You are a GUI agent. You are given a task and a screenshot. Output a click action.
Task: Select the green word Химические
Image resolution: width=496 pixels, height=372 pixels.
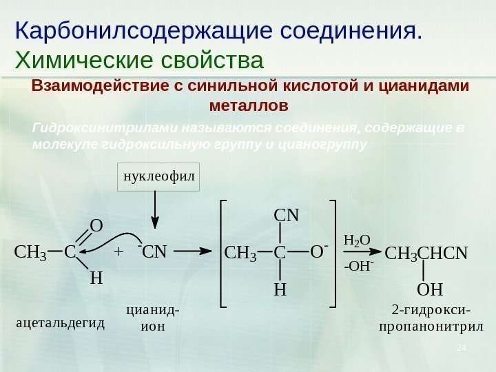[x=83, y=60]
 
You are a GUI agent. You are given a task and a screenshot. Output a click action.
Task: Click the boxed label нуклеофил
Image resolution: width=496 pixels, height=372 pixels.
[x=159, y=177]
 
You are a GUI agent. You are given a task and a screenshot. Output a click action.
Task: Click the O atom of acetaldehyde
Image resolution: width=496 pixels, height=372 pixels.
[x=96, y=227]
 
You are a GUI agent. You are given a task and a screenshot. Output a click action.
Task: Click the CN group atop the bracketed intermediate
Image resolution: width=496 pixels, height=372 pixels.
[x=287, y=216]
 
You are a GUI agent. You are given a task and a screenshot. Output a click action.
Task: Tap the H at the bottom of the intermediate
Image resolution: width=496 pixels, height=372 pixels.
[x=280, y=290]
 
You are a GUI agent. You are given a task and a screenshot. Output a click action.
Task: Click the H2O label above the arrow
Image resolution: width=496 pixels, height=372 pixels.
[x=357, y=240]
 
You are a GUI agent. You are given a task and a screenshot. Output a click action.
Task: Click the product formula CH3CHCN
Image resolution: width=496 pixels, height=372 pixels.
[x=426, y=254]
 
